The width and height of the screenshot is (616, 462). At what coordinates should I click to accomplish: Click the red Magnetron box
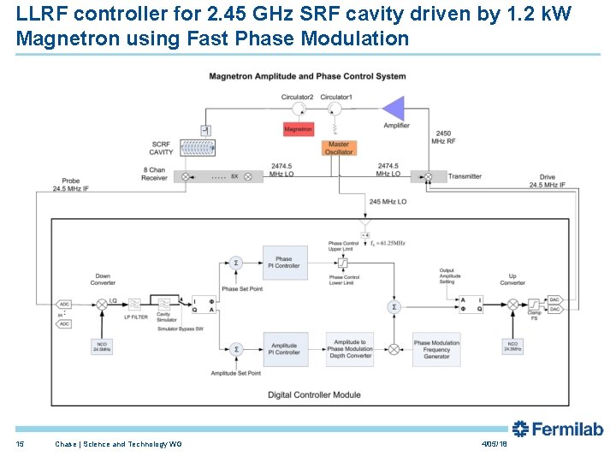tap(299, 129)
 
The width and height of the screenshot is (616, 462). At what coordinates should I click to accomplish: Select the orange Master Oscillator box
tap(339, 148)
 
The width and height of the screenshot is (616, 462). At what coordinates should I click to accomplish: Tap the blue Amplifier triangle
tap(394, 109)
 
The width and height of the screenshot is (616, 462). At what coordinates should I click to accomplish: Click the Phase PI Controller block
tap(283, 262)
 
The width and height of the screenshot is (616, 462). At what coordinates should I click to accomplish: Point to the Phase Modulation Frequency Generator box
tap(436, 349)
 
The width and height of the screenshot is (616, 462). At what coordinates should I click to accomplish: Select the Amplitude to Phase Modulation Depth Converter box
tap(350, 349)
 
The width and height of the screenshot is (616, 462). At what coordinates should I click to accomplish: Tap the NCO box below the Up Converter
tap(513, 346)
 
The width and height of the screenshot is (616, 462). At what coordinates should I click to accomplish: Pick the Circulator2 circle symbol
tap(299, 110)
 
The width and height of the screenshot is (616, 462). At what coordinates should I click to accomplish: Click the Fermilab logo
tap(558, 429)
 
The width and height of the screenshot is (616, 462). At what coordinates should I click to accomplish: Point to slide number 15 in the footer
tap(20, 444)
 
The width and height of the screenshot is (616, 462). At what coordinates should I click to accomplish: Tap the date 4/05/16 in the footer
tap(495, 444)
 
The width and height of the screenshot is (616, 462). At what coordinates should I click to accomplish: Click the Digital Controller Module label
tap(314, 394)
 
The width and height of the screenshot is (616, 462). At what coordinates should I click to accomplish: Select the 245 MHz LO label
tap(388, 202)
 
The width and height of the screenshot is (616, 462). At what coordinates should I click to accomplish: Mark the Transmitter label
tap(465, 176)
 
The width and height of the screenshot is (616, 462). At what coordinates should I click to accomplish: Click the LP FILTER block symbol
tap(135, 304)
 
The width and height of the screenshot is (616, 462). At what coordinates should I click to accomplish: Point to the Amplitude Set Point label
tap(236, 374)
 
